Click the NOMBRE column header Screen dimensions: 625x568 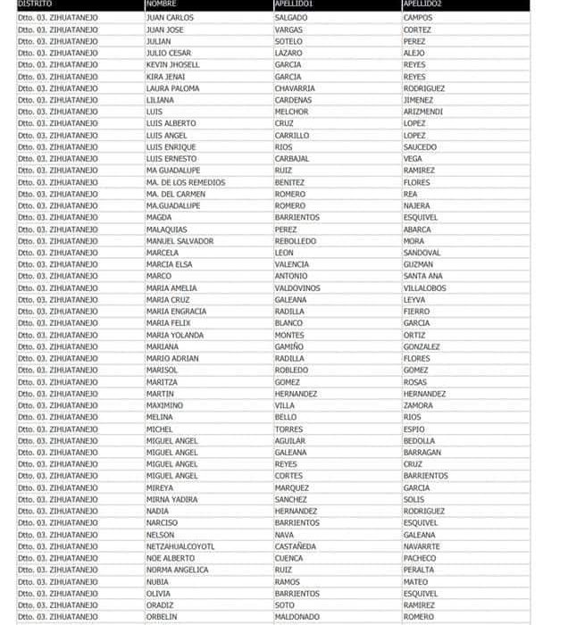pos(161,5)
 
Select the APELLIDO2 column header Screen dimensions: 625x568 pos(422,5)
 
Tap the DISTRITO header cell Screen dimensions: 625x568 pos(35,5)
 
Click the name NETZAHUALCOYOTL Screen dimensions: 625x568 pos(180,546)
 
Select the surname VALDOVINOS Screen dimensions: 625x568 pos(297,288)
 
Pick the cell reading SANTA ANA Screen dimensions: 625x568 pos(422,276)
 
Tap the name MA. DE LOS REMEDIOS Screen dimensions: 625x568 pos(186,182)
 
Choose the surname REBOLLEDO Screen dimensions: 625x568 pos(296,241)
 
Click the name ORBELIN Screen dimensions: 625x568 pos(162,617)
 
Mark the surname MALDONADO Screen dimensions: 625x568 pos(297,617)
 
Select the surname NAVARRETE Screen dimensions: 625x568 pos(422,546)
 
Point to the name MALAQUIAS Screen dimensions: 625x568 pos(165,229)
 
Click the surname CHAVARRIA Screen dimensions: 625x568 pos(295,88)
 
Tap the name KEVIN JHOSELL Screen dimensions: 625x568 pos(173,65)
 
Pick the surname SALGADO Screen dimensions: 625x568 pos(291,18)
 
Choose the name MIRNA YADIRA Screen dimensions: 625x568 pos(172,499)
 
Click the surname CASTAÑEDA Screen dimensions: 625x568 pos(296,546)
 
